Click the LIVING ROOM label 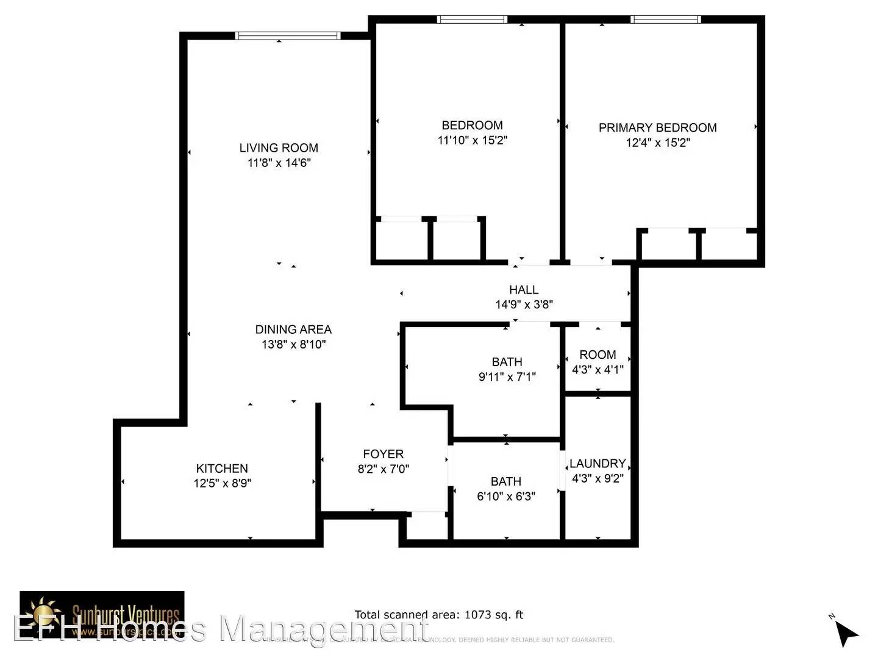point(279,148)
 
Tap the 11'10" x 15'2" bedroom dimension point(473,141)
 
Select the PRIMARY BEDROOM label point(657,128)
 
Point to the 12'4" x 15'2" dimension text point(657,143)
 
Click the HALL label point(524,290)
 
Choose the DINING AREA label point(293,330)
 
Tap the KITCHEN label point(222,469)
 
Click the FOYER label point(383,454)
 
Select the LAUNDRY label point(598,464)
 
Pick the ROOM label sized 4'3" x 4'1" point(598,355)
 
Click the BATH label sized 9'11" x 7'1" point(507,362)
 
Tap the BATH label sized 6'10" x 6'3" point(505,481)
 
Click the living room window point(287,36)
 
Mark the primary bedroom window point(666,19)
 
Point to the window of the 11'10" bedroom point(473,19)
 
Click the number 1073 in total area point(477,615)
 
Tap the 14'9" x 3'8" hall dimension point(524,305)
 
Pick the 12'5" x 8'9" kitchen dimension point(222,484)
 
